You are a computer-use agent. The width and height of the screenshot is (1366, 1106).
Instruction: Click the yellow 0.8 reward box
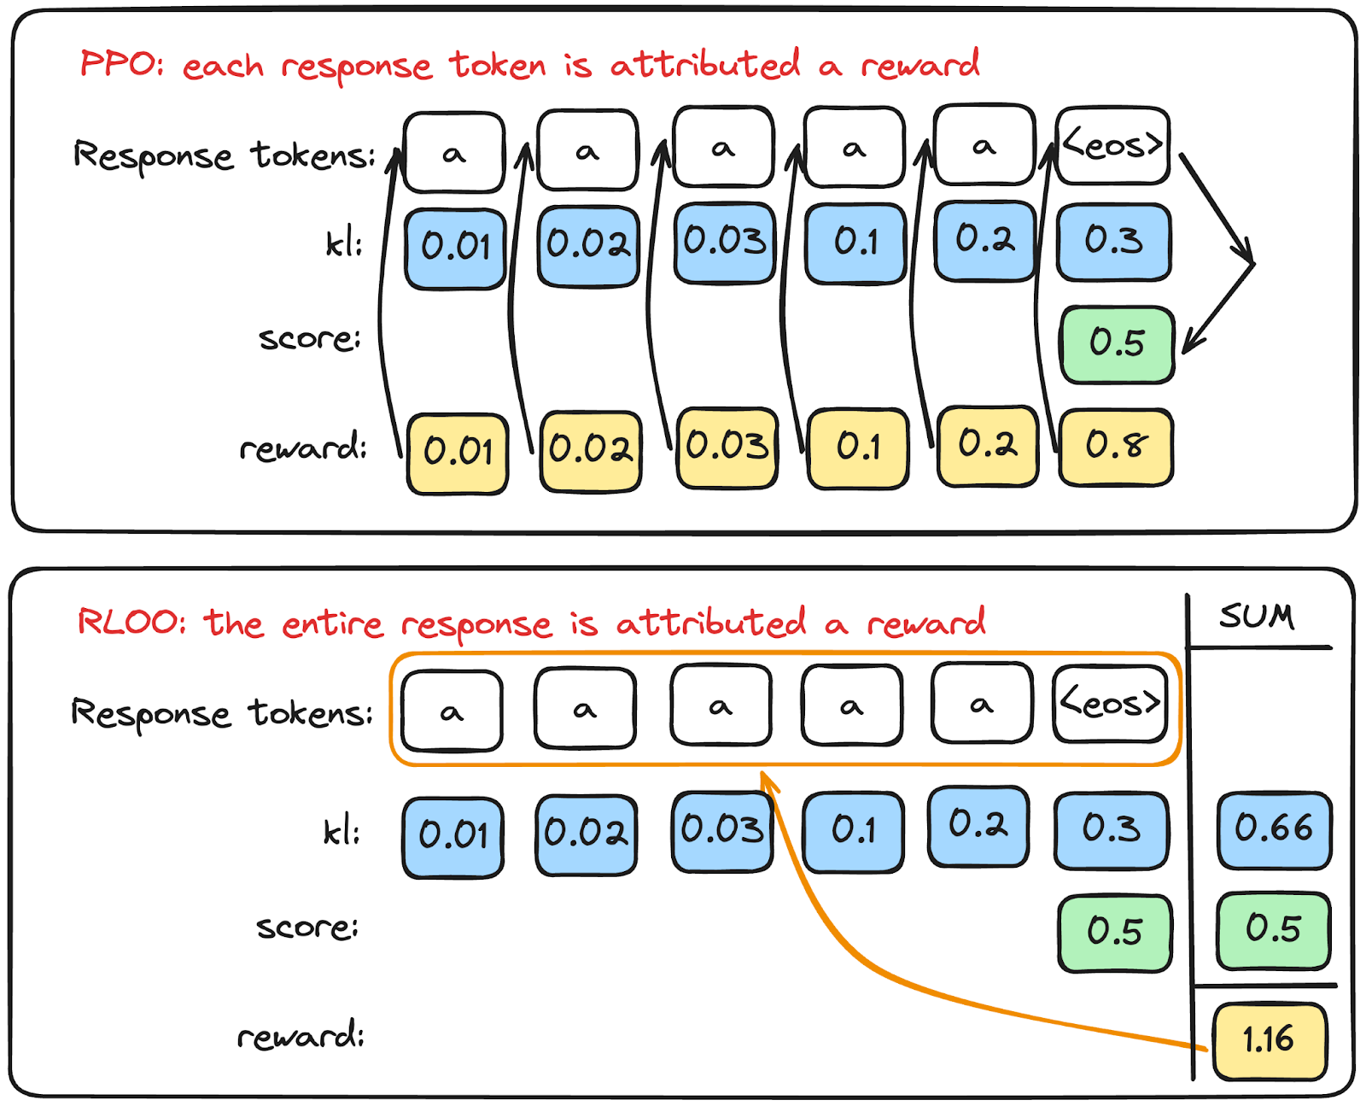pos(1116,447)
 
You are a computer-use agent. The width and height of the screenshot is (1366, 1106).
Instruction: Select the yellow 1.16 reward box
pos(1270,1039)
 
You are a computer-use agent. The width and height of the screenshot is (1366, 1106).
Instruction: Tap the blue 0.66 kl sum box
pos(1274,829)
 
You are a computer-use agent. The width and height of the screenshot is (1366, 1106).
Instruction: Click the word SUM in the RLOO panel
pos(1257,616)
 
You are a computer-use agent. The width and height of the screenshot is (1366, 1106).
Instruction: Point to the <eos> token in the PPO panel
pos(1112,145)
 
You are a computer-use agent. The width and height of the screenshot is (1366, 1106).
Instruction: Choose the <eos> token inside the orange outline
pos(1110,704)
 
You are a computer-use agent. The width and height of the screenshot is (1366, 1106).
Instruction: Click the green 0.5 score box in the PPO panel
pos(1117,343)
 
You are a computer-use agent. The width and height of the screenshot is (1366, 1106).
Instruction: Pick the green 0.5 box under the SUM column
pos(1273,929)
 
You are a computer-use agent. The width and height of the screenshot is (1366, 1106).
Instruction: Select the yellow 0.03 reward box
pos(727,448)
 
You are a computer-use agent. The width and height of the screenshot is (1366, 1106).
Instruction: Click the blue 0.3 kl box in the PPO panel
pos(1113,242)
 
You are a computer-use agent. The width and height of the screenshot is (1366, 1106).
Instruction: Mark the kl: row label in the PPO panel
pos(344,244)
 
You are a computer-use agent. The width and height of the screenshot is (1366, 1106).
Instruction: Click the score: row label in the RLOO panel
pos(307,928)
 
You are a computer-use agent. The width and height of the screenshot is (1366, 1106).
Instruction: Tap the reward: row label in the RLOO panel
pos(301,1037)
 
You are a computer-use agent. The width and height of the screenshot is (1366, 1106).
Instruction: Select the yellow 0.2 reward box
pos(988,446)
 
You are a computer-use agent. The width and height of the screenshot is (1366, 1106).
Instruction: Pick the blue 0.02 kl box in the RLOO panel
pos(586,834)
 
